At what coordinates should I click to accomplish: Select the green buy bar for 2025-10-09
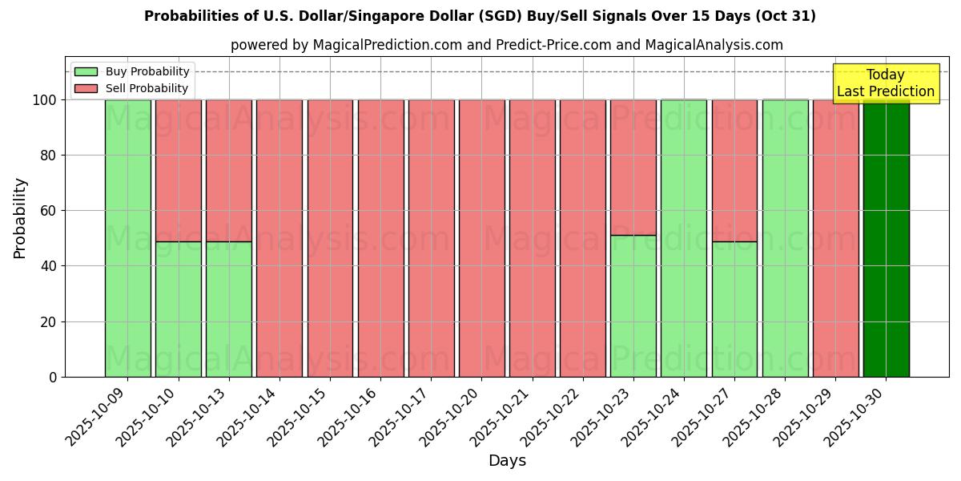point(127,238)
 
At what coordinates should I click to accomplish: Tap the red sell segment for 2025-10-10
point(178,170)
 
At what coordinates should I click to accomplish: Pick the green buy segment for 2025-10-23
point(633,305)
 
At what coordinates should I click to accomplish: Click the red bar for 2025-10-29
point(835,238)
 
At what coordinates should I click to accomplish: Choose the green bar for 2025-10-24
point(683,238)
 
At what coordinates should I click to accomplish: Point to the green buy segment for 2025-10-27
point(734,309)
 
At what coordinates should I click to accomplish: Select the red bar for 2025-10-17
point(431,238)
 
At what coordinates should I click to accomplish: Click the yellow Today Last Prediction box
point(886,83)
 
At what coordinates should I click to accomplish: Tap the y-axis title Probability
point(20,218)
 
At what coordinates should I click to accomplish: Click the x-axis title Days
point(507,461)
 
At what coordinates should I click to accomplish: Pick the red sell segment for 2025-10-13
point(229,170)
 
